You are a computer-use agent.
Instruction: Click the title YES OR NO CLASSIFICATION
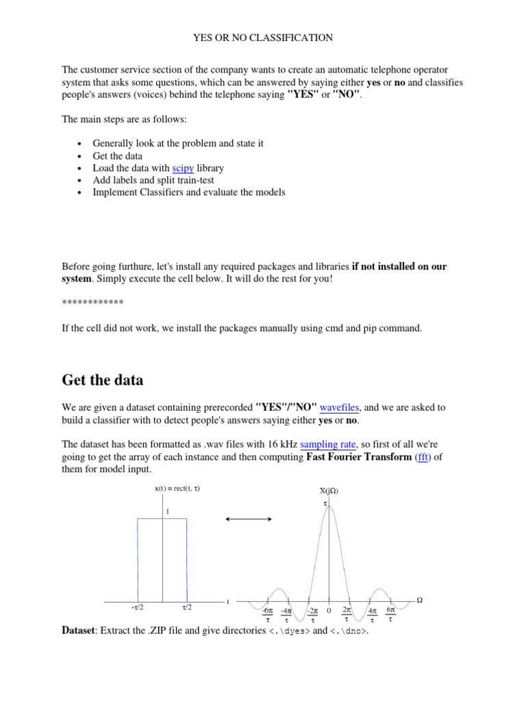coord(262,38)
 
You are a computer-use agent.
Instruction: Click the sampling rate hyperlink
coord(325,444)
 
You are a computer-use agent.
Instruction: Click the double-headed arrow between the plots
coord(249,520)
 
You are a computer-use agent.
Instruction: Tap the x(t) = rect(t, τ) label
coord(177,488)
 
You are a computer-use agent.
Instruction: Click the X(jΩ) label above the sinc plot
coord(329,491)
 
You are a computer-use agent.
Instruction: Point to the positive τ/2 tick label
coord(187,607)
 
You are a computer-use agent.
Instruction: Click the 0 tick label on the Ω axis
coord(329,611)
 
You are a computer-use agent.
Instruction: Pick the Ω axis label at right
coord(420,600)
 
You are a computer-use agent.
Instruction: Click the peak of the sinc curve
coord(329,507)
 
